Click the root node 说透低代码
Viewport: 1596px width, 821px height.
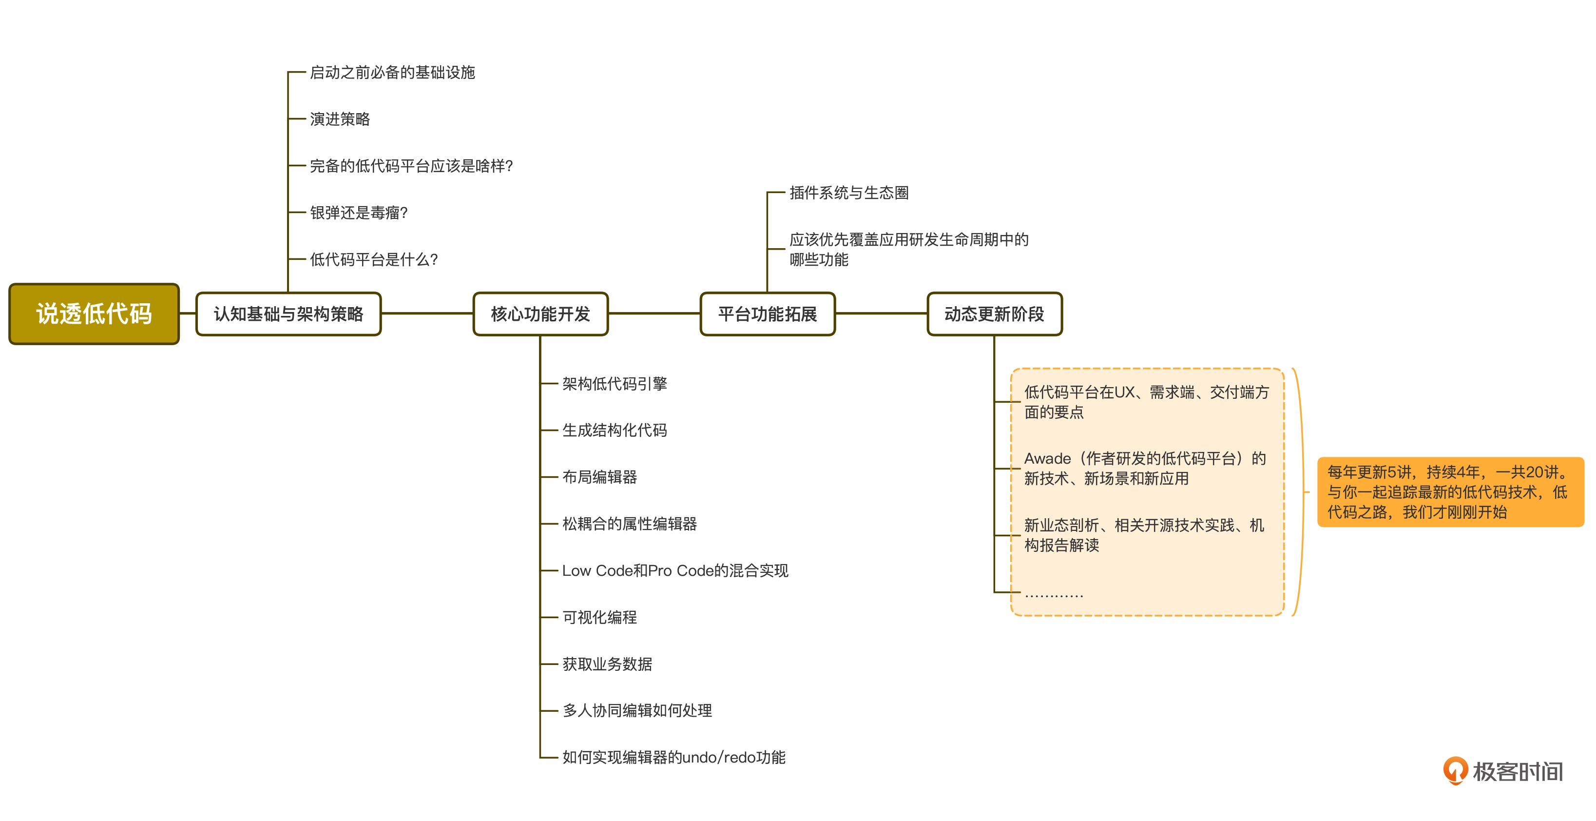click(94, 313)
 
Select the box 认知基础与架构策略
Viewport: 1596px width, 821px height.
click(288, 314)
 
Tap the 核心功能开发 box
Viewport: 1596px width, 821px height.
click(540, 314)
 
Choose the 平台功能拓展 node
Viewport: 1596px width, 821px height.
click(767, 314)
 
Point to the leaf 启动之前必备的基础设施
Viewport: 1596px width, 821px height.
click(392, 73)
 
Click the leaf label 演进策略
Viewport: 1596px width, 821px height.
click(340, 119)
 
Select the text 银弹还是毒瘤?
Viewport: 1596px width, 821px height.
click(359, 213)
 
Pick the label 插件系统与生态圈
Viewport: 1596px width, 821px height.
click(849, 193)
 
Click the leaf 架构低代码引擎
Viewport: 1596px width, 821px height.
click(614, 384)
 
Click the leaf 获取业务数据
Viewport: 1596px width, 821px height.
click(607, 664)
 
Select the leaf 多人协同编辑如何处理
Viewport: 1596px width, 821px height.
click(637, 710)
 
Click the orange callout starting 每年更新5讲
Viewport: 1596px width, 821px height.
click(1449, 492)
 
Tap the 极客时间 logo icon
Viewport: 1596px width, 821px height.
click(1455, 770)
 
